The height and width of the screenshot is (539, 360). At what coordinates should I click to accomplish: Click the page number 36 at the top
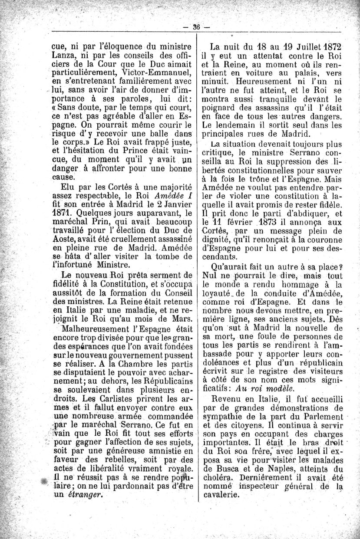(x=196, y=26)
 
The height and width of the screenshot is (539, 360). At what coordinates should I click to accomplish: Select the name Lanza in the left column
(x=64, y=55)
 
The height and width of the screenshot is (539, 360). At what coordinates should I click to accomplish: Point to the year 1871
(x=63, y=214)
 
